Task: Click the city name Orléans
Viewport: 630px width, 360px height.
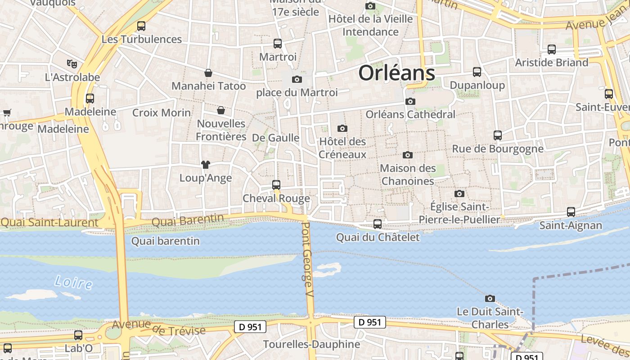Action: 396,73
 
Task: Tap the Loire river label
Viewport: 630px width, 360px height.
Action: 73,283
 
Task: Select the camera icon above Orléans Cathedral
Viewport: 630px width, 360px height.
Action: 410,102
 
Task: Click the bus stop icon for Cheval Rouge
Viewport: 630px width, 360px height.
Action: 276,185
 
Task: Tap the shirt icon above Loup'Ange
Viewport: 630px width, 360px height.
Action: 206,165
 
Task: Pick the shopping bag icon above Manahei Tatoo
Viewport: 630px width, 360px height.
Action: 208,73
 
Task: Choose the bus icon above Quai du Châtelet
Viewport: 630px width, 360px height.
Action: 378,224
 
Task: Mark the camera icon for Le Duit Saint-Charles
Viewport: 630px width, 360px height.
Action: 490,298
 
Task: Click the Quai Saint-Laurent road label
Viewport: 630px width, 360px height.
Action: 49,223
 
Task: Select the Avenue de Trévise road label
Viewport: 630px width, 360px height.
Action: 159,328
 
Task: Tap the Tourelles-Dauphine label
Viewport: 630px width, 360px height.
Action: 311,344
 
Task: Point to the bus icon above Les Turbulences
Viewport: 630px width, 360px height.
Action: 141,26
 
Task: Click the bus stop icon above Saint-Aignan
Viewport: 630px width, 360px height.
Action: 571,211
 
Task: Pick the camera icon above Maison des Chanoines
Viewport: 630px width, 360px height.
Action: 408,155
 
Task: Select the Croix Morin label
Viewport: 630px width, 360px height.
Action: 162,112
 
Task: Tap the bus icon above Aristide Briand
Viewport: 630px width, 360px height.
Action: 552,49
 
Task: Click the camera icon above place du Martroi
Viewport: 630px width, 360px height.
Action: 297,80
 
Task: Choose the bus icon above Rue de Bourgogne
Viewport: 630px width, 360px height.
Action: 498,135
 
